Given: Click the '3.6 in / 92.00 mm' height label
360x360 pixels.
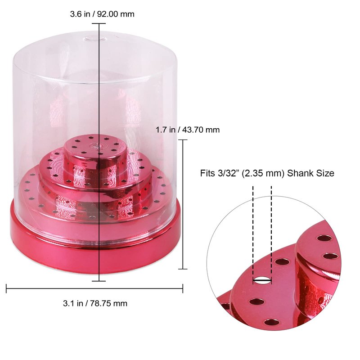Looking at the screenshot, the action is [102, 14].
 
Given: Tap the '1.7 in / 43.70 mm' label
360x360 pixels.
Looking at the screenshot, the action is [188, 130].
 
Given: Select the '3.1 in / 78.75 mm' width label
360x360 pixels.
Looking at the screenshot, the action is [95, 303].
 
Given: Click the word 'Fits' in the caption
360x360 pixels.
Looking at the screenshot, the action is [207, 173].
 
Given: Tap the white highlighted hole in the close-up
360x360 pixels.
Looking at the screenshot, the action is [262, 280].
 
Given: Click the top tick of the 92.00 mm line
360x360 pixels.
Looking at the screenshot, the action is [99, 23].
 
